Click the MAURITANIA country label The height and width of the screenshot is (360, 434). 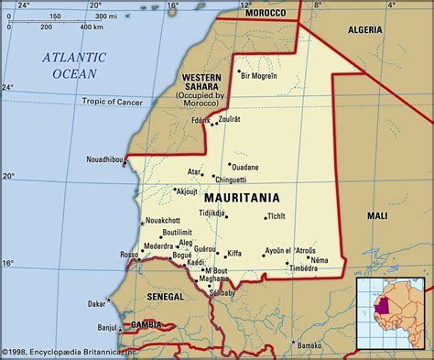pos(235,196)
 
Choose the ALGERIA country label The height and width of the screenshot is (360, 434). pos(374,30)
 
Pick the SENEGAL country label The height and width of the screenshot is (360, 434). pos(167,297)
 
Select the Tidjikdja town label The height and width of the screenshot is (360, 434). pos(212,213)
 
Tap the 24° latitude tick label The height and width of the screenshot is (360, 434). pos(8,87)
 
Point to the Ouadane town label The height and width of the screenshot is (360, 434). pos(244,167)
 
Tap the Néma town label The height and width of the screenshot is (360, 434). pos(320,260)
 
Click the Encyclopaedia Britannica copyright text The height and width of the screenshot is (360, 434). pos(69,352)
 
